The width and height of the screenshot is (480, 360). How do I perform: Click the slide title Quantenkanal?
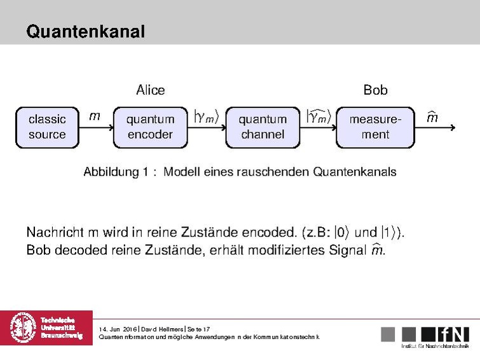click(86, 31)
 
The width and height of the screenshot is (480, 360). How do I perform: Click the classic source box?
click(47, 127)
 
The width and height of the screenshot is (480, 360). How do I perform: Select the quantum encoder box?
click(150, 127)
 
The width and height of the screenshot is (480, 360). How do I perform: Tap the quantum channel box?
click(263, 127)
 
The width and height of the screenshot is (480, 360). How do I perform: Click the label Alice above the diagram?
click(150, 90)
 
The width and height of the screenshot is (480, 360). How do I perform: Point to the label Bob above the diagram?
click(375, 90)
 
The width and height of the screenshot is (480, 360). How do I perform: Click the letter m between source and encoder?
click(94, 116)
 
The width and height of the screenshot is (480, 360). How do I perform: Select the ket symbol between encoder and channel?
click(207, 116)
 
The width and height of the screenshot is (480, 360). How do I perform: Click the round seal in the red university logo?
click(23, 328)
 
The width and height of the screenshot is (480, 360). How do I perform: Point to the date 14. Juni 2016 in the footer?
click(118, 329)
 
